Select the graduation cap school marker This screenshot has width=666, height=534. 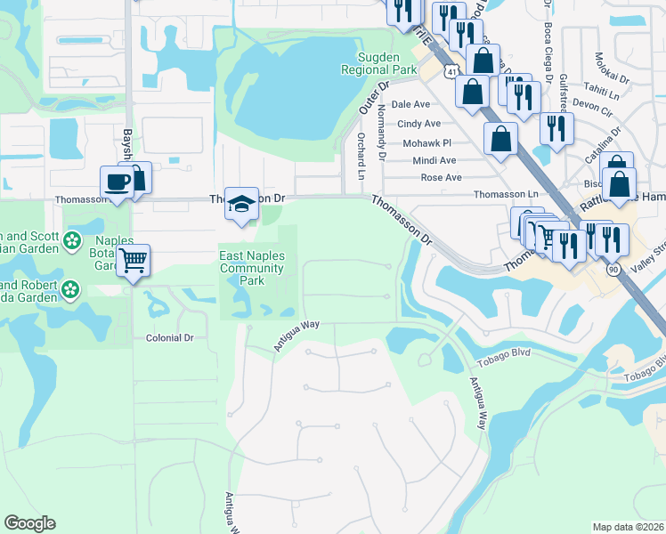tap(240, 202)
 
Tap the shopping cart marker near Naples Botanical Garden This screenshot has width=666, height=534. tap(133, 261)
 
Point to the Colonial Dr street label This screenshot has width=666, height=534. tap(169, 338)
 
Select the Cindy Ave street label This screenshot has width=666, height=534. tap(418, 124)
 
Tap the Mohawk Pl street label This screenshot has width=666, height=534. tap(427, 142)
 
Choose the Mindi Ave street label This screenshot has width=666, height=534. tap(434, 160)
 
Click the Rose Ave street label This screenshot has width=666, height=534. tap(441, 177)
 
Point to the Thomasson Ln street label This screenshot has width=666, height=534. tap(507, 194)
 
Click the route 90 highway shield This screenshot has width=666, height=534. tap(613, 268)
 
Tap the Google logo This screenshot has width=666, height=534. tap(29, 523)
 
